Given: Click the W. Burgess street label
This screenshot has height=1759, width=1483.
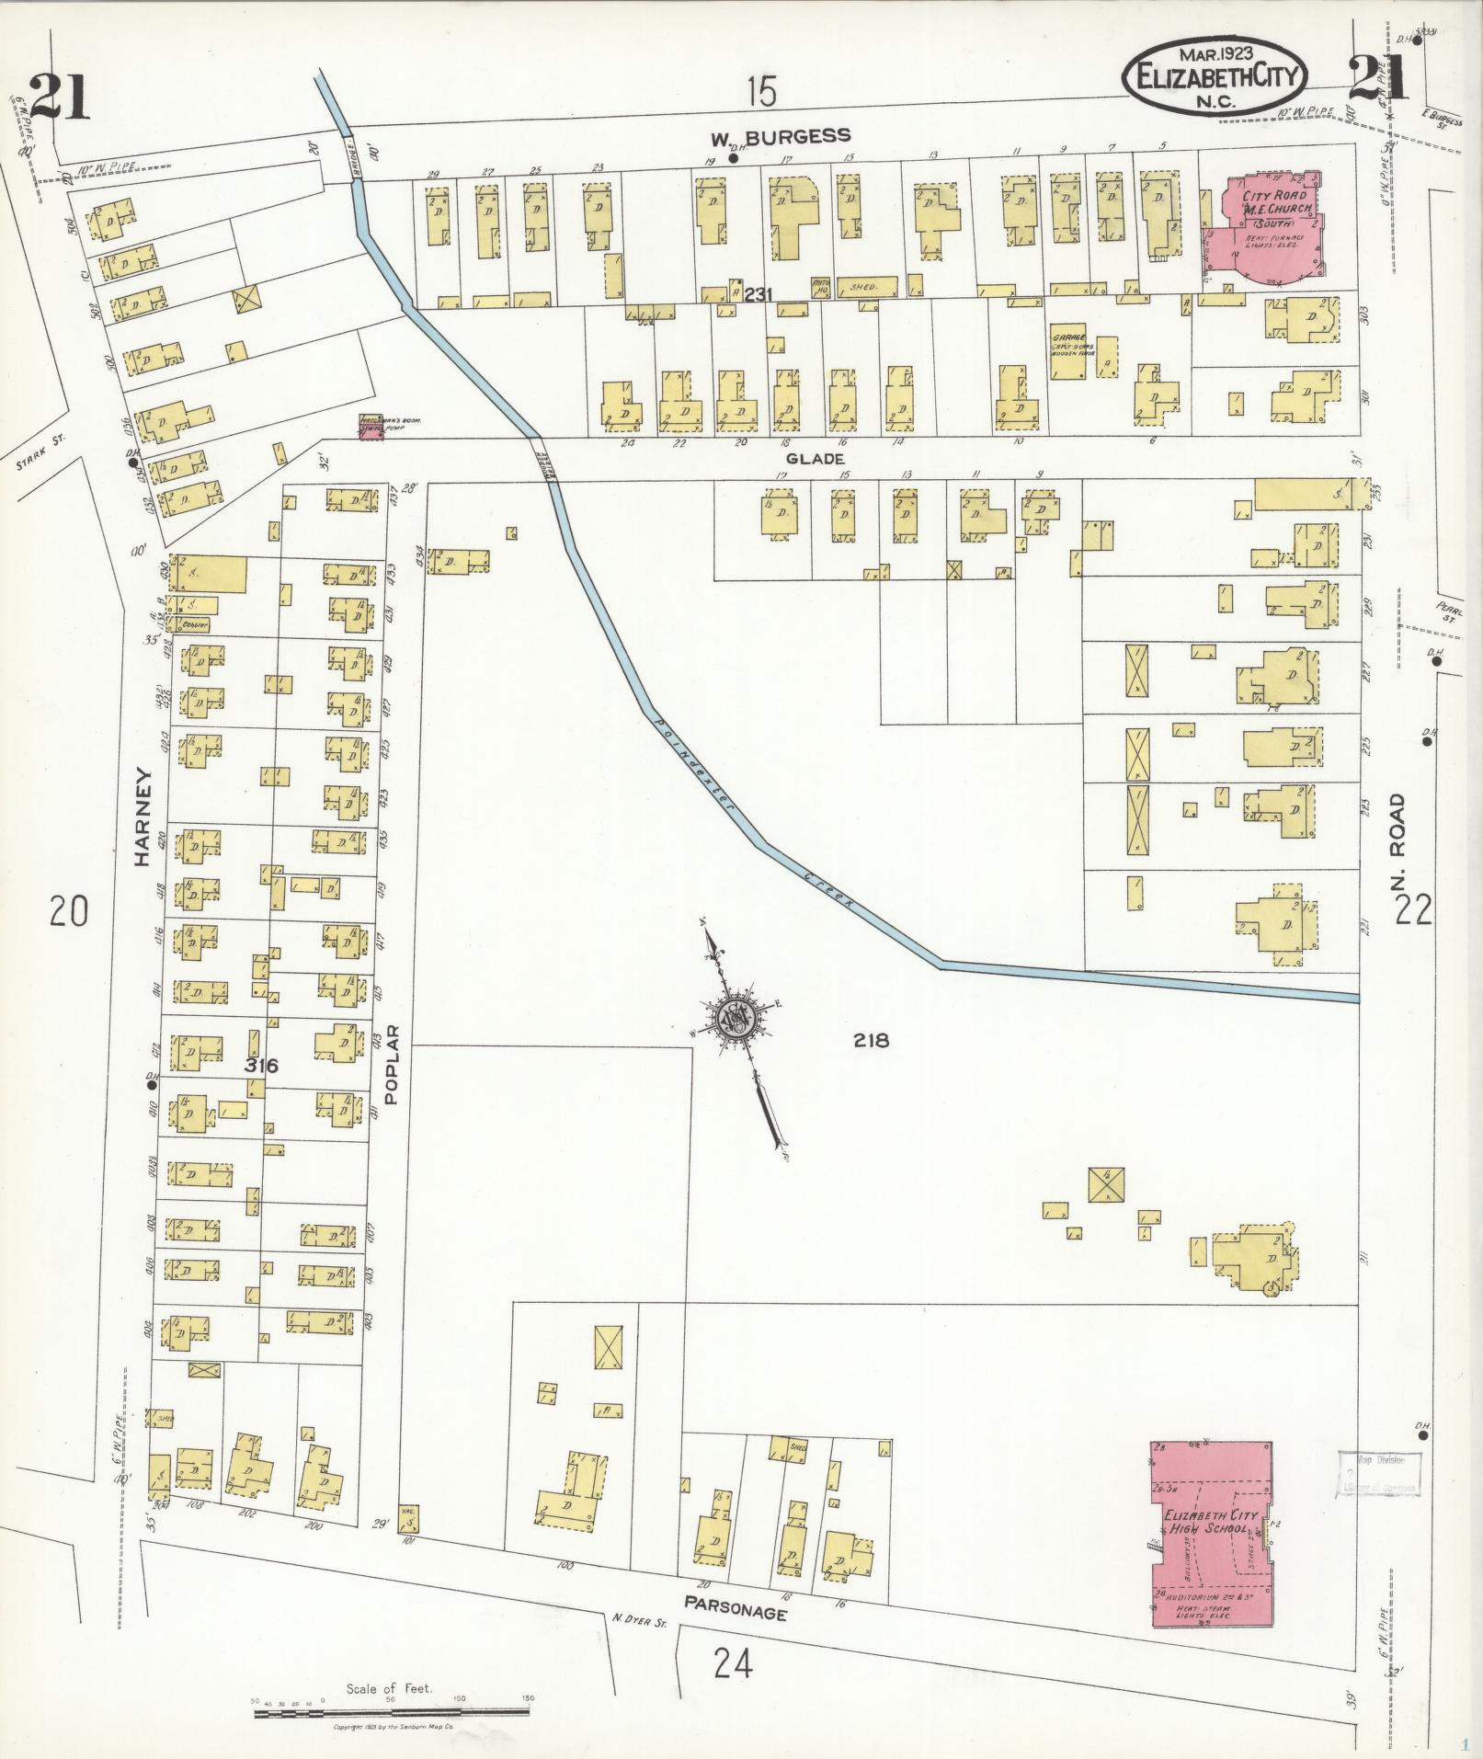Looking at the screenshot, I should (x=781, y=137).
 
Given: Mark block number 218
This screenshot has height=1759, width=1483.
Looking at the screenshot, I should (x=870, y=1041).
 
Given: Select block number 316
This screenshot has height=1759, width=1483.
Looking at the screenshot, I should (x=261, y=1066).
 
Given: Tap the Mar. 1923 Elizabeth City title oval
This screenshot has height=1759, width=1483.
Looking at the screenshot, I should (x=1214, y=75).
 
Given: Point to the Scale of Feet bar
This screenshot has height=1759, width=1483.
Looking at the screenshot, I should (x=391, y=1711).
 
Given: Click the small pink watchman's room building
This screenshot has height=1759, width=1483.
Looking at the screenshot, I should (x=372, y=427).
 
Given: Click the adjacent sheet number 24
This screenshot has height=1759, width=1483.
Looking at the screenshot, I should (x=733, y=1662).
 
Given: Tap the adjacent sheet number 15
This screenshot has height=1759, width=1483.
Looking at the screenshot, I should (x=761, y=92).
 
